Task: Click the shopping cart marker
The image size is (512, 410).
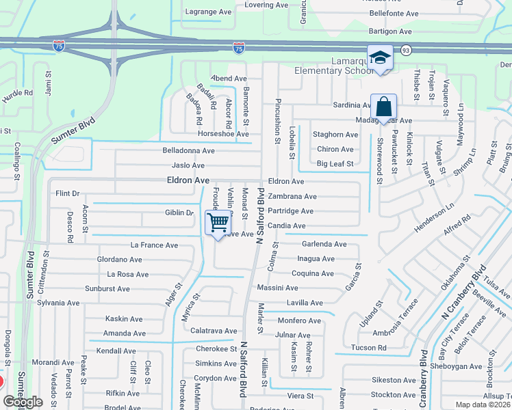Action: click(218, 222)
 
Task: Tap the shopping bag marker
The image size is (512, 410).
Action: click(383, 107)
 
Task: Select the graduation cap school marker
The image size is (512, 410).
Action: click(380, 57)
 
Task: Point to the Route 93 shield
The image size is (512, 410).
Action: click(406, 50)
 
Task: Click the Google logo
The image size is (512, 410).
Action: click(23, 401)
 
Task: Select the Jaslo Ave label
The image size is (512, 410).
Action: click(188, 165)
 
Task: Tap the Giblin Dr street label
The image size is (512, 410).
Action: click(179, 213)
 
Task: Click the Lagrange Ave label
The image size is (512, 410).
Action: click(209, 12)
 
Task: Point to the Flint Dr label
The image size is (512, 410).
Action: click(68, 194)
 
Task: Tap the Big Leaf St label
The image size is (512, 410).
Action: click(335, 164)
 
